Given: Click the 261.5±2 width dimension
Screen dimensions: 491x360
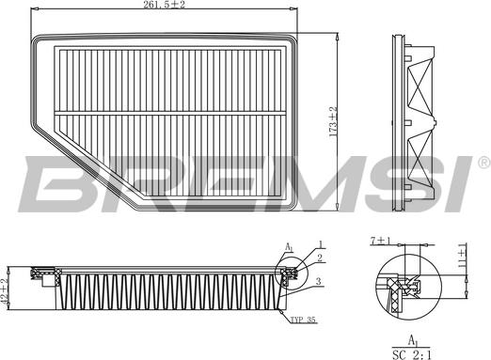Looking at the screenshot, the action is tap(164, 5).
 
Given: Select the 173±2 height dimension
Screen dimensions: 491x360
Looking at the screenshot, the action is tap(333, 122).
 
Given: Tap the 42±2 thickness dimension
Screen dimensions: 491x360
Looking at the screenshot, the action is tap(5, 290).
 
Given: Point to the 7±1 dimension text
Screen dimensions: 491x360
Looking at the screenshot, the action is tap(381, 241).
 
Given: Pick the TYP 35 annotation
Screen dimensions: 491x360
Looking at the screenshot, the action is tap(303, 320).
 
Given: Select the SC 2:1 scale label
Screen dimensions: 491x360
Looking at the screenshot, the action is tap(412, 354).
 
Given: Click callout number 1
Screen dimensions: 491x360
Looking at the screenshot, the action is tap(321, 244).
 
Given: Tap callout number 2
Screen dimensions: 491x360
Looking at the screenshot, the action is tap(320, 258).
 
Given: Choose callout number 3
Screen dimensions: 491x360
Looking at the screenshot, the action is tap(319, 281).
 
